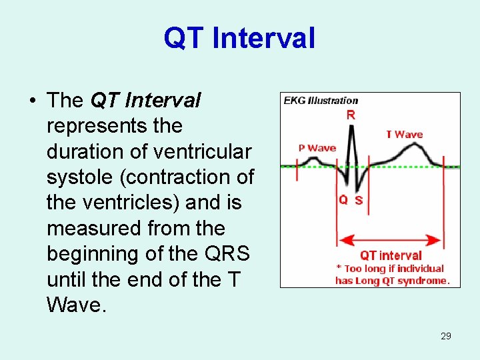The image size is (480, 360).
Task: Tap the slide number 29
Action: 446,336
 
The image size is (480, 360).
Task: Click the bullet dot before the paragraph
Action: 31,101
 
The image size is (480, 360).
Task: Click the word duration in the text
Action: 86,152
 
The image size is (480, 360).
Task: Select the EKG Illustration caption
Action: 321,101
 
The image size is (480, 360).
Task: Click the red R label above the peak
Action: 351,115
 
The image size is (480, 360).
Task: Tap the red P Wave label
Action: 317,148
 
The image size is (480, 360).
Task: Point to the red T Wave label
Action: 404,135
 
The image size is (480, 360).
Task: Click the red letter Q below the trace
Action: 343,199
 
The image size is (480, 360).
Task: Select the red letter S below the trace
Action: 359,200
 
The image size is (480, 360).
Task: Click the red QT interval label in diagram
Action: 391,255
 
